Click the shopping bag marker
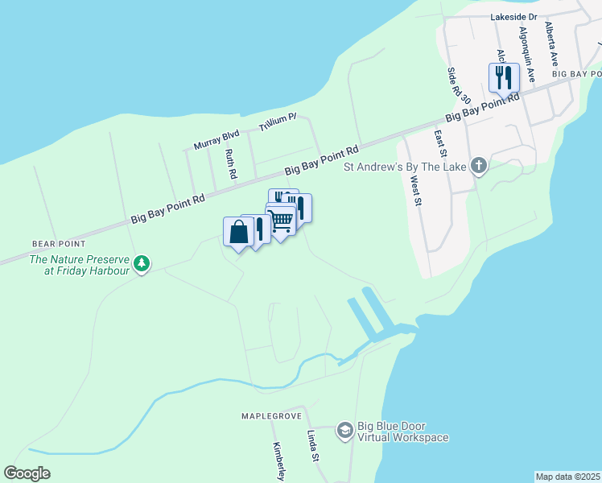click(238, 233)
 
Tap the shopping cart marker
click(281, 220)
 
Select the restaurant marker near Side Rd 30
click(504, 78)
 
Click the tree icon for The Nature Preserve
click(142, 263)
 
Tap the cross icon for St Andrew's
click(479, 167)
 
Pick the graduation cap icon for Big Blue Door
click(344, 431)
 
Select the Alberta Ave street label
click(551, 43)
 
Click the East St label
click(440, 146)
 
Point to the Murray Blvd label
click(216, 140)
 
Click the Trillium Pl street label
click(278, 122)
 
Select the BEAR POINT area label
click(59, 243)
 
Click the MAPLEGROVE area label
click(270, 416)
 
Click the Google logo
click(27, 473)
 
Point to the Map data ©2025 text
click(567, 477)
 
